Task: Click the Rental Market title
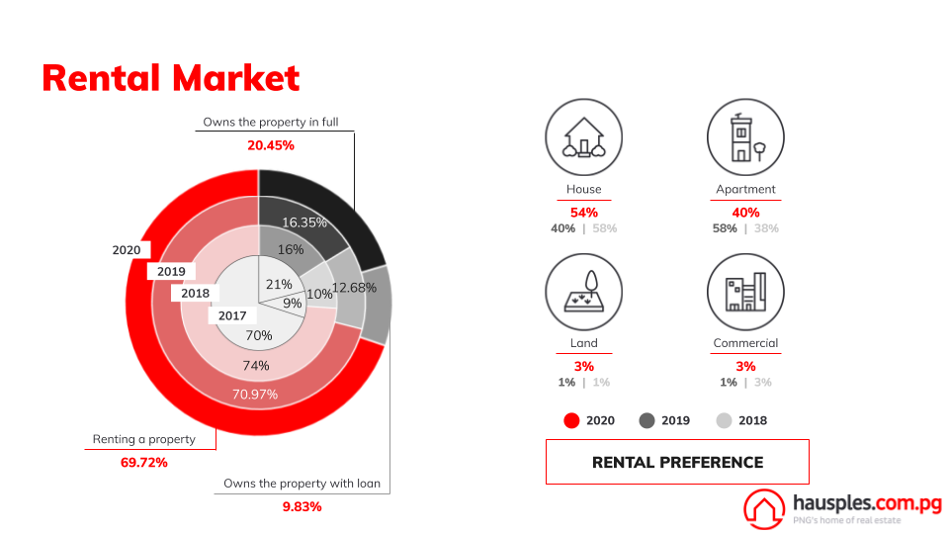pos(171,79)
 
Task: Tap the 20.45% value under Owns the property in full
pos(271,145)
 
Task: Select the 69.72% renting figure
pos(144,463)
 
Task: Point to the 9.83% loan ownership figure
pos(302,506)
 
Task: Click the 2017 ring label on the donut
pos(232,315)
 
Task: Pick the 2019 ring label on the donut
pos(171,271)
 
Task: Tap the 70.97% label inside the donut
pos(255,395)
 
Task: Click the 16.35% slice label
pos(304,222)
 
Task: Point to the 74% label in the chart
pos(255,366)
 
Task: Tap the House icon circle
pos(584,137)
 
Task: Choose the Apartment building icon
pos(745,137)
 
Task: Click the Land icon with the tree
pos(584,292)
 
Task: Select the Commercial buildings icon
pos(745,292)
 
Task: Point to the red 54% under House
pos(584,213)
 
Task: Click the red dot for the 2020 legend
pos(571,421)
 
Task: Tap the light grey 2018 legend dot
pos(724,421)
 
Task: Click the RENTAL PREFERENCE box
pos(677,462)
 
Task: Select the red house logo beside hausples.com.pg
pos(764,508)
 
